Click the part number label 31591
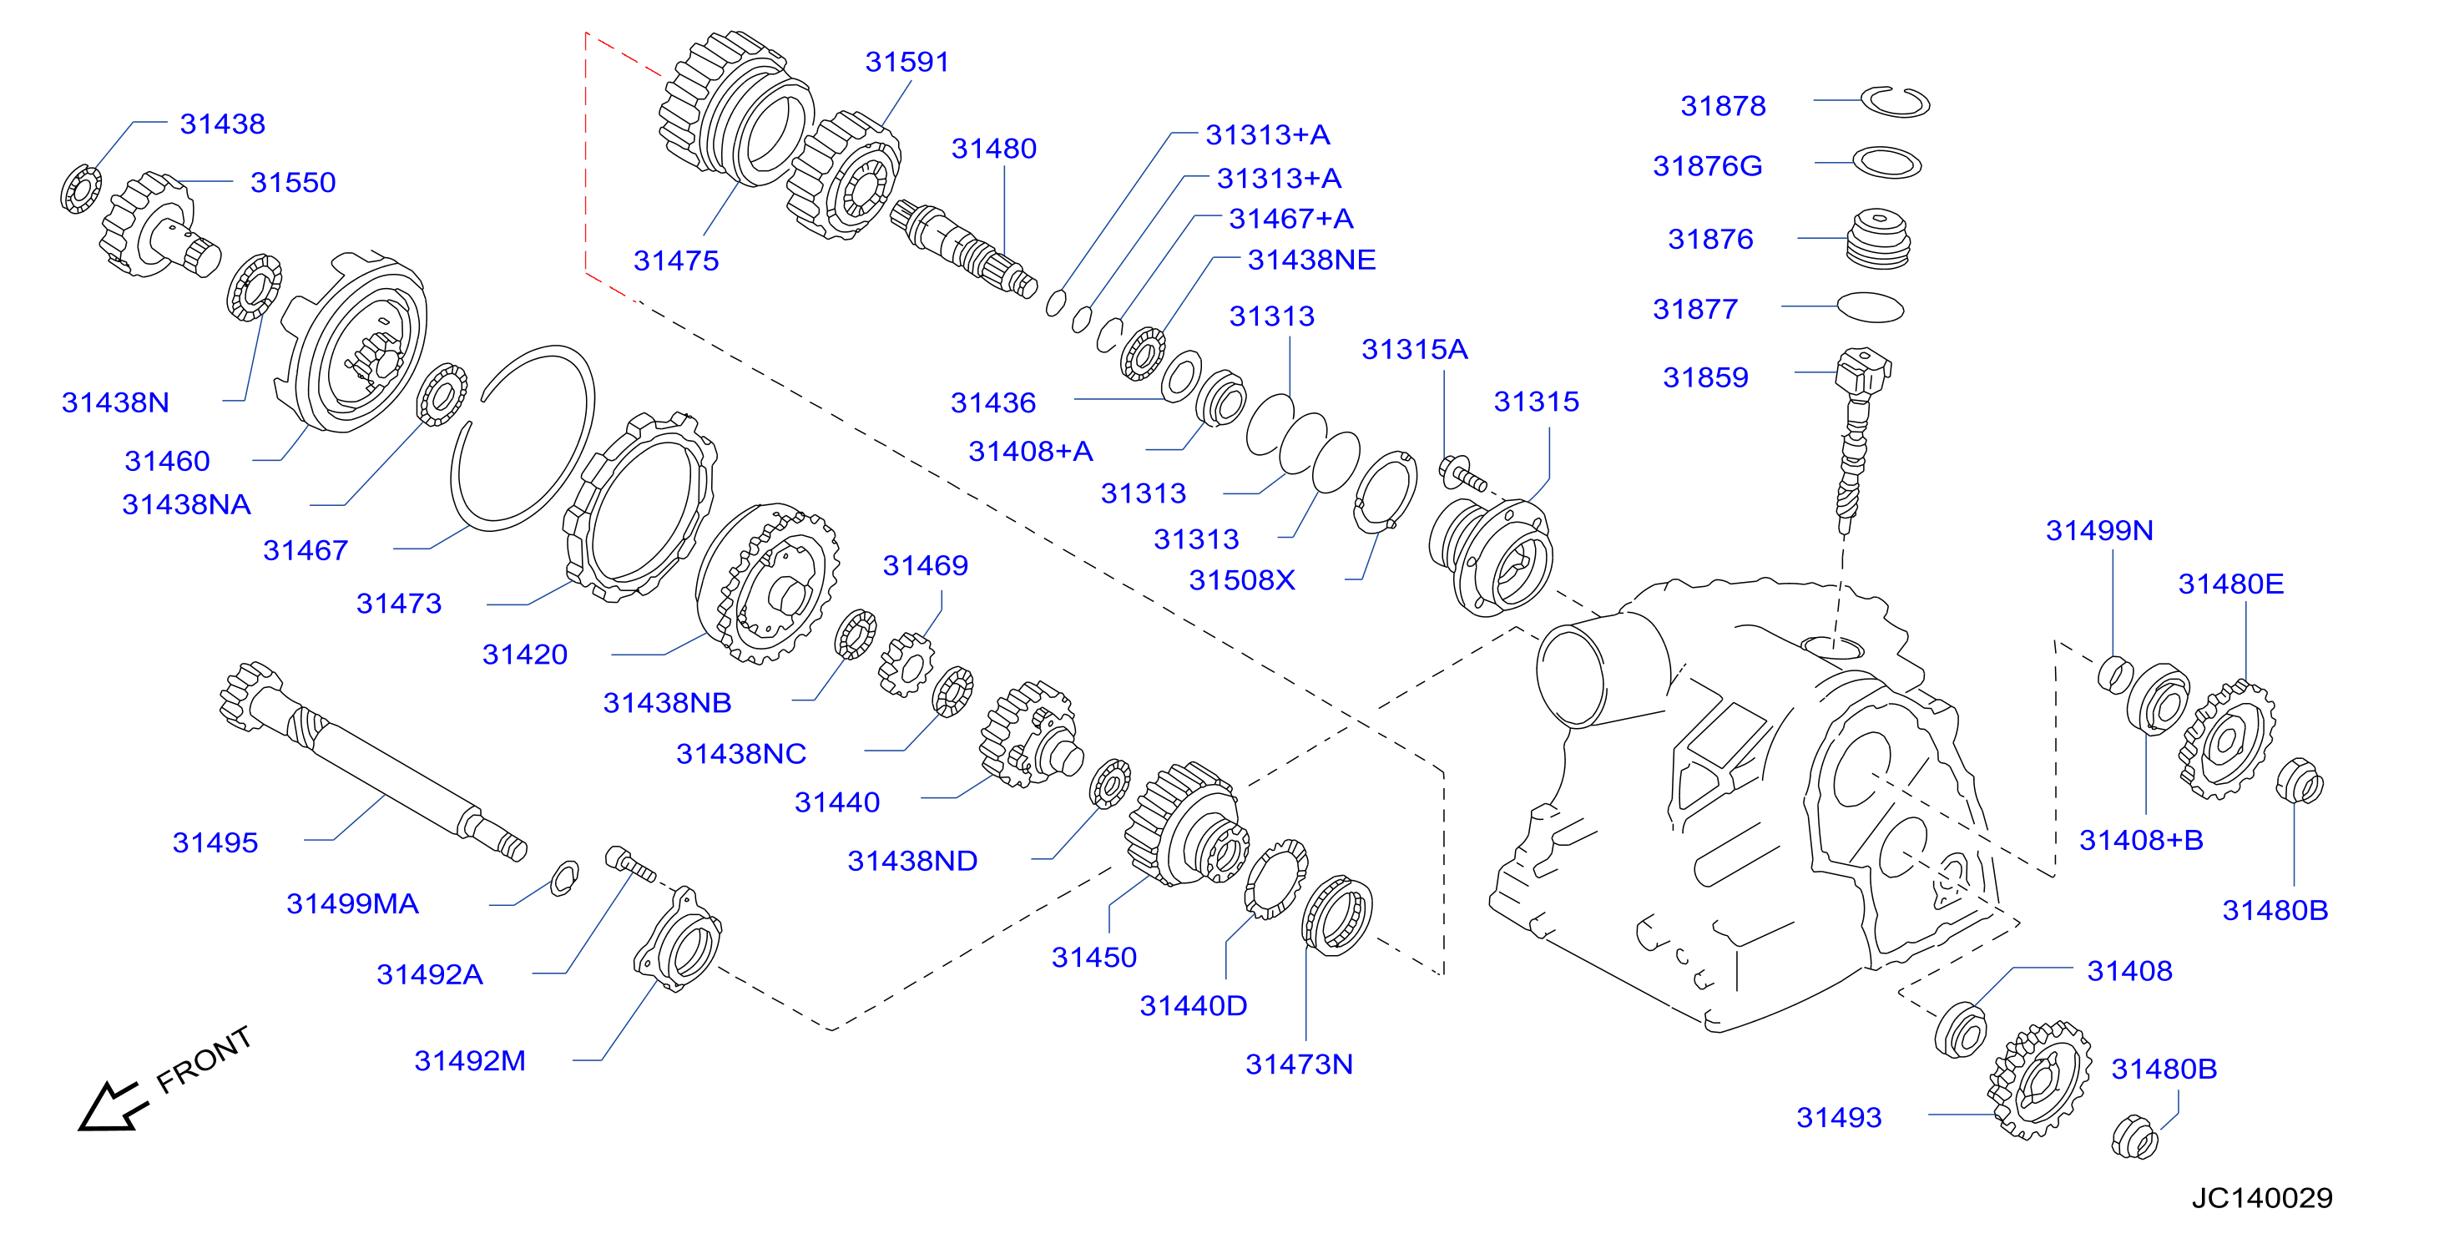click(906, 62)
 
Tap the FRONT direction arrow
click(113, 1106)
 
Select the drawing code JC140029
click(2262, 1198)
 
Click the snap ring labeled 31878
click(1895, 101)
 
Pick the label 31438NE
click(1311, 260)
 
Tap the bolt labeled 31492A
click(630, 864)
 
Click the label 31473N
click(1299, 1064)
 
